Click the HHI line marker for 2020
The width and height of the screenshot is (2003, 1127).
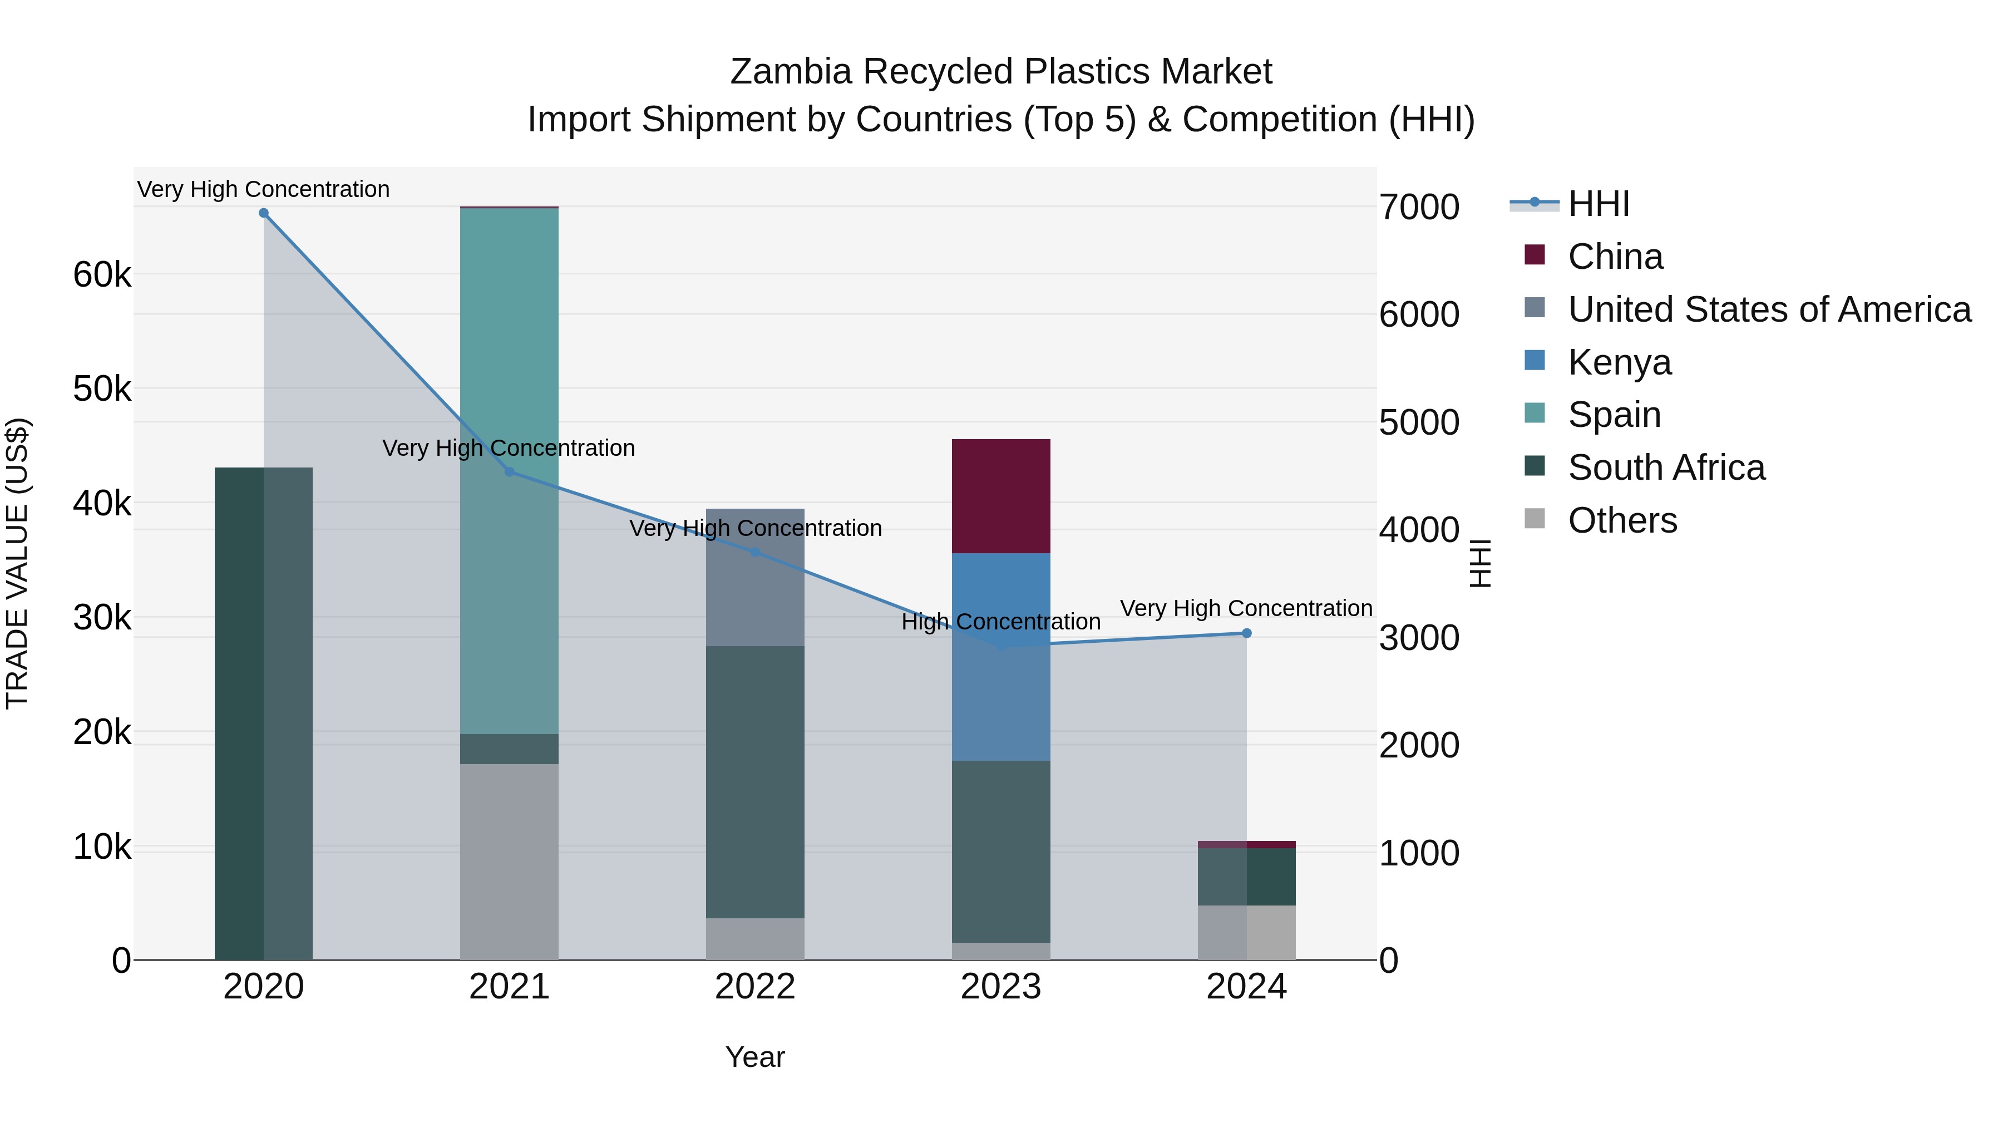[264, 213]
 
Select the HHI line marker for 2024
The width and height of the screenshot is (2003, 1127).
[1246, 633]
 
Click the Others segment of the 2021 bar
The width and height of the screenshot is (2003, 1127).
[509, 861]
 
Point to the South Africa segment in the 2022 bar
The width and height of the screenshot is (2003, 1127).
[755, 782]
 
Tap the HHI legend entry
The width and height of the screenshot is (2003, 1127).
[1598, 204]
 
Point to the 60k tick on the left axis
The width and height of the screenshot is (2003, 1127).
[102, 274]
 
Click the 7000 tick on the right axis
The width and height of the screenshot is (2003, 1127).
[1419, 207]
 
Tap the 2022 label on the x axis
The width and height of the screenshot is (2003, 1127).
[755, 987]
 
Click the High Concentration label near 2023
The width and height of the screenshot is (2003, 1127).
[1001, 622]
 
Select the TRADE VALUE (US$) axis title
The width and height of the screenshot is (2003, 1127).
[17, 563]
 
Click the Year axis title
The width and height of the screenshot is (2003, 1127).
[755, 1057]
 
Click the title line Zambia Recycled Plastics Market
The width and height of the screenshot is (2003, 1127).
[1001, 72]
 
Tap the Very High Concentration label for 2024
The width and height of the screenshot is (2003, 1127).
[1246, 608]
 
